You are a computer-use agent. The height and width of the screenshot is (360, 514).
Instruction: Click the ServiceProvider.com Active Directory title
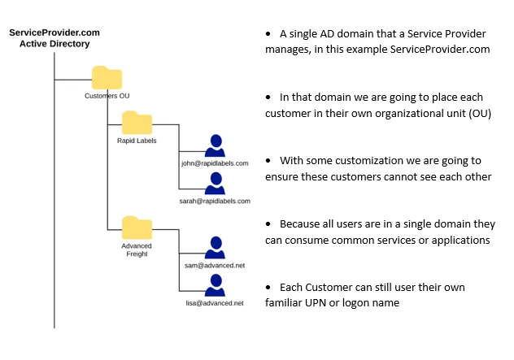(x=54, y=38)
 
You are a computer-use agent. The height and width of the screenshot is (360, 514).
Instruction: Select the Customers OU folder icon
(x=107, y=77)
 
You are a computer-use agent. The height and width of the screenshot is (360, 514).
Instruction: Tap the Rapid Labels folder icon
(x=137, y=124)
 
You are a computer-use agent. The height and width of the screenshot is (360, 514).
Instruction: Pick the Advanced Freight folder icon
(x=137, y=227)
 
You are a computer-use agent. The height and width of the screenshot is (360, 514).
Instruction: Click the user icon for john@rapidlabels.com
(x=215, y=145)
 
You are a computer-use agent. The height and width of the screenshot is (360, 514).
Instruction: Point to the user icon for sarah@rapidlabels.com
(x=215, y=182)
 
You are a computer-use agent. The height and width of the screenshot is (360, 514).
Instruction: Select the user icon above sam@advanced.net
(x=215, y=247)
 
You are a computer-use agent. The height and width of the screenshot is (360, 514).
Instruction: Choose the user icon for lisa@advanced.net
(x=215, y=286)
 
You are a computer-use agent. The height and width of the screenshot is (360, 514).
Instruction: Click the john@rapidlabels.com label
(x=215, y=163)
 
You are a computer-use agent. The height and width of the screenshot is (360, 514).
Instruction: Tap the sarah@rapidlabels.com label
(x=215, y=200)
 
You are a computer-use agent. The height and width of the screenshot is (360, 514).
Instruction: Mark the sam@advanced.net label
(x=215, y=265)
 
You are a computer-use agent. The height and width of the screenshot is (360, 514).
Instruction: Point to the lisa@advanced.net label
(x=215, y=303)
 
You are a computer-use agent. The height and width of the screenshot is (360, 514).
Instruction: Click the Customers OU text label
(x=107, y=96)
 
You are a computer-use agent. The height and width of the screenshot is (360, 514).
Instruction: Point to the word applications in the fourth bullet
(x=459, y=240)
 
